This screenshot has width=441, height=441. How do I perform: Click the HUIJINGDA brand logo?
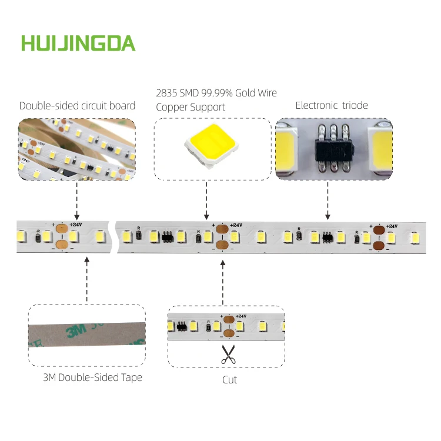(78, 43)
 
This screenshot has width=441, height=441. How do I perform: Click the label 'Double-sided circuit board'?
(77, 106)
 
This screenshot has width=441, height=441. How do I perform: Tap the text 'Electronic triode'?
(331, 106)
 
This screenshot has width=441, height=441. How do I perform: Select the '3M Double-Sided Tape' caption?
(92, 377)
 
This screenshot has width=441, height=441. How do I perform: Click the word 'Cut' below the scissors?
(229, 380)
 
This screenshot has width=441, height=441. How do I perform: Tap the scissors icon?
(228, 354)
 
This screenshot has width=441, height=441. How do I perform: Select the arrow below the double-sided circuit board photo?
(77, 201)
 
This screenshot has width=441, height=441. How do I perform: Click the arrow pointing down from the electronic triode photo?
(328, 201)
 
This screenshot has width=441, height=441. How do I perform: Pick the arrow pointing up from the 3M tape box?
(86, 278)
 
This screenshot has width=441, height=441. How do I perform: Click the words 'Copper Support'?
(190, 107)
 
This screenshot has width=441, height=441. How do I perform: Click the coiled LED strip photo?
(76, 149)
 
